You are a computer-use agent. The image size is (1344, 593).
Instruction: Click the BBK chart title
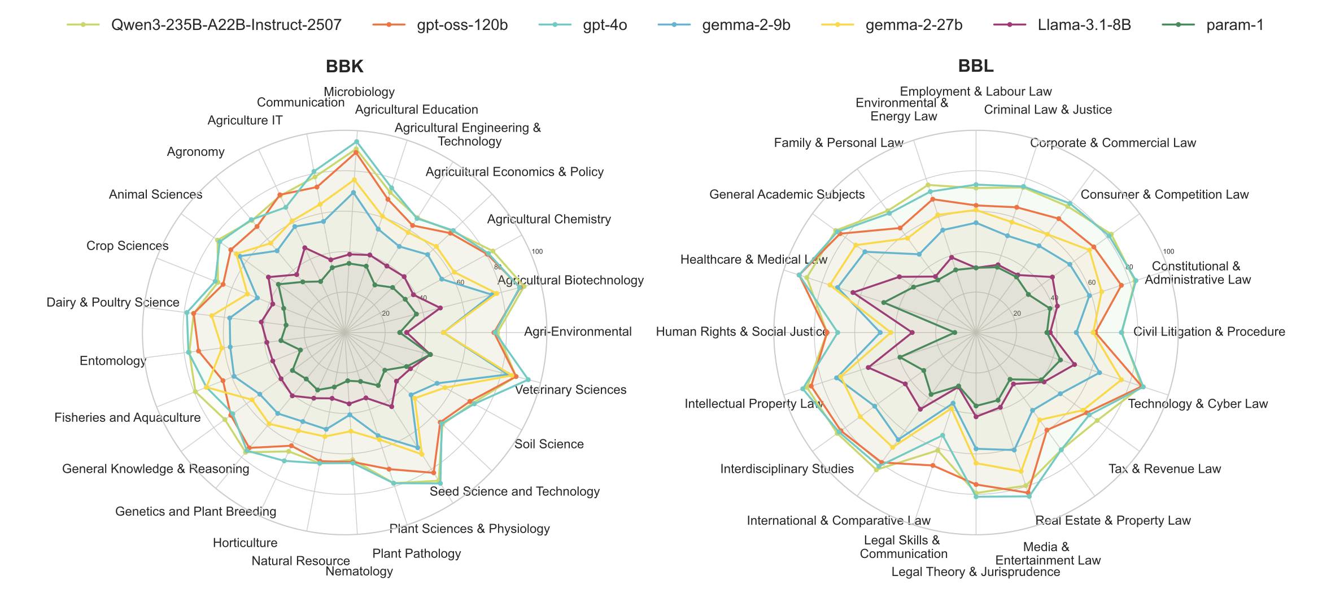344,67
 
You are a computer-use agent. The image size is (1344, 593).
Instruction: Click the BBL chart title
975,67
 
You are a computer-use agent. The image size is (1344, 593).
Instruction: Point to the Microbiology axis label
359,92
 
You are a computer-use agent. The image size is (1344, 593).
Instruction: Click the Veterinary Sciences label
570,390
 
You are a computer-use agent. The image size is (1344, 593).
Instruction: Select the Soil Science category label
549,444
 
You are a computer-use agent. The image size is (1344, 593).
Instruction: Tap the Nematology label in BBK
359,572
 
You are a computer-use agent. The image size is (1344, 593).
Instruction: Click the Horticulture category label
245,543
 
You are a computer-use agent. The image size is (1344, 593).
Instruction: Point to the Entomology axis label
113,361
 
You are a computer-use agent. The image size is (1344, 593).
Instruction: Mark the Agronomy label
195,152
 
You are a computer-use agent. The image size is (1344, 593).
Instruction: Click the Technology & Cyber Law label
1198,404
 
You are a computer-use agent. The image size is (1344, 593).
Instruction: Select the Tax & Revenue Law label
1164,469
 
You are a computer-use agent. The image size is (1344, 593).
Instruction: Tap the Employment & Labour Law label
975,91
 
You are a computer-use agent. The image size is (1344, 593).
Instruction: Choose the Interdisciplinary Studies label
787,469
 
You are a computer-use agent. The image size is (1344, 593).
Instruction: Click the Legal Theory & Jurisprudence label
975,572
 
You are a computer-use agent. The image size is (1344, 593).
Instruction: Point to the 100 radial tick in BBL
1168,252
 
